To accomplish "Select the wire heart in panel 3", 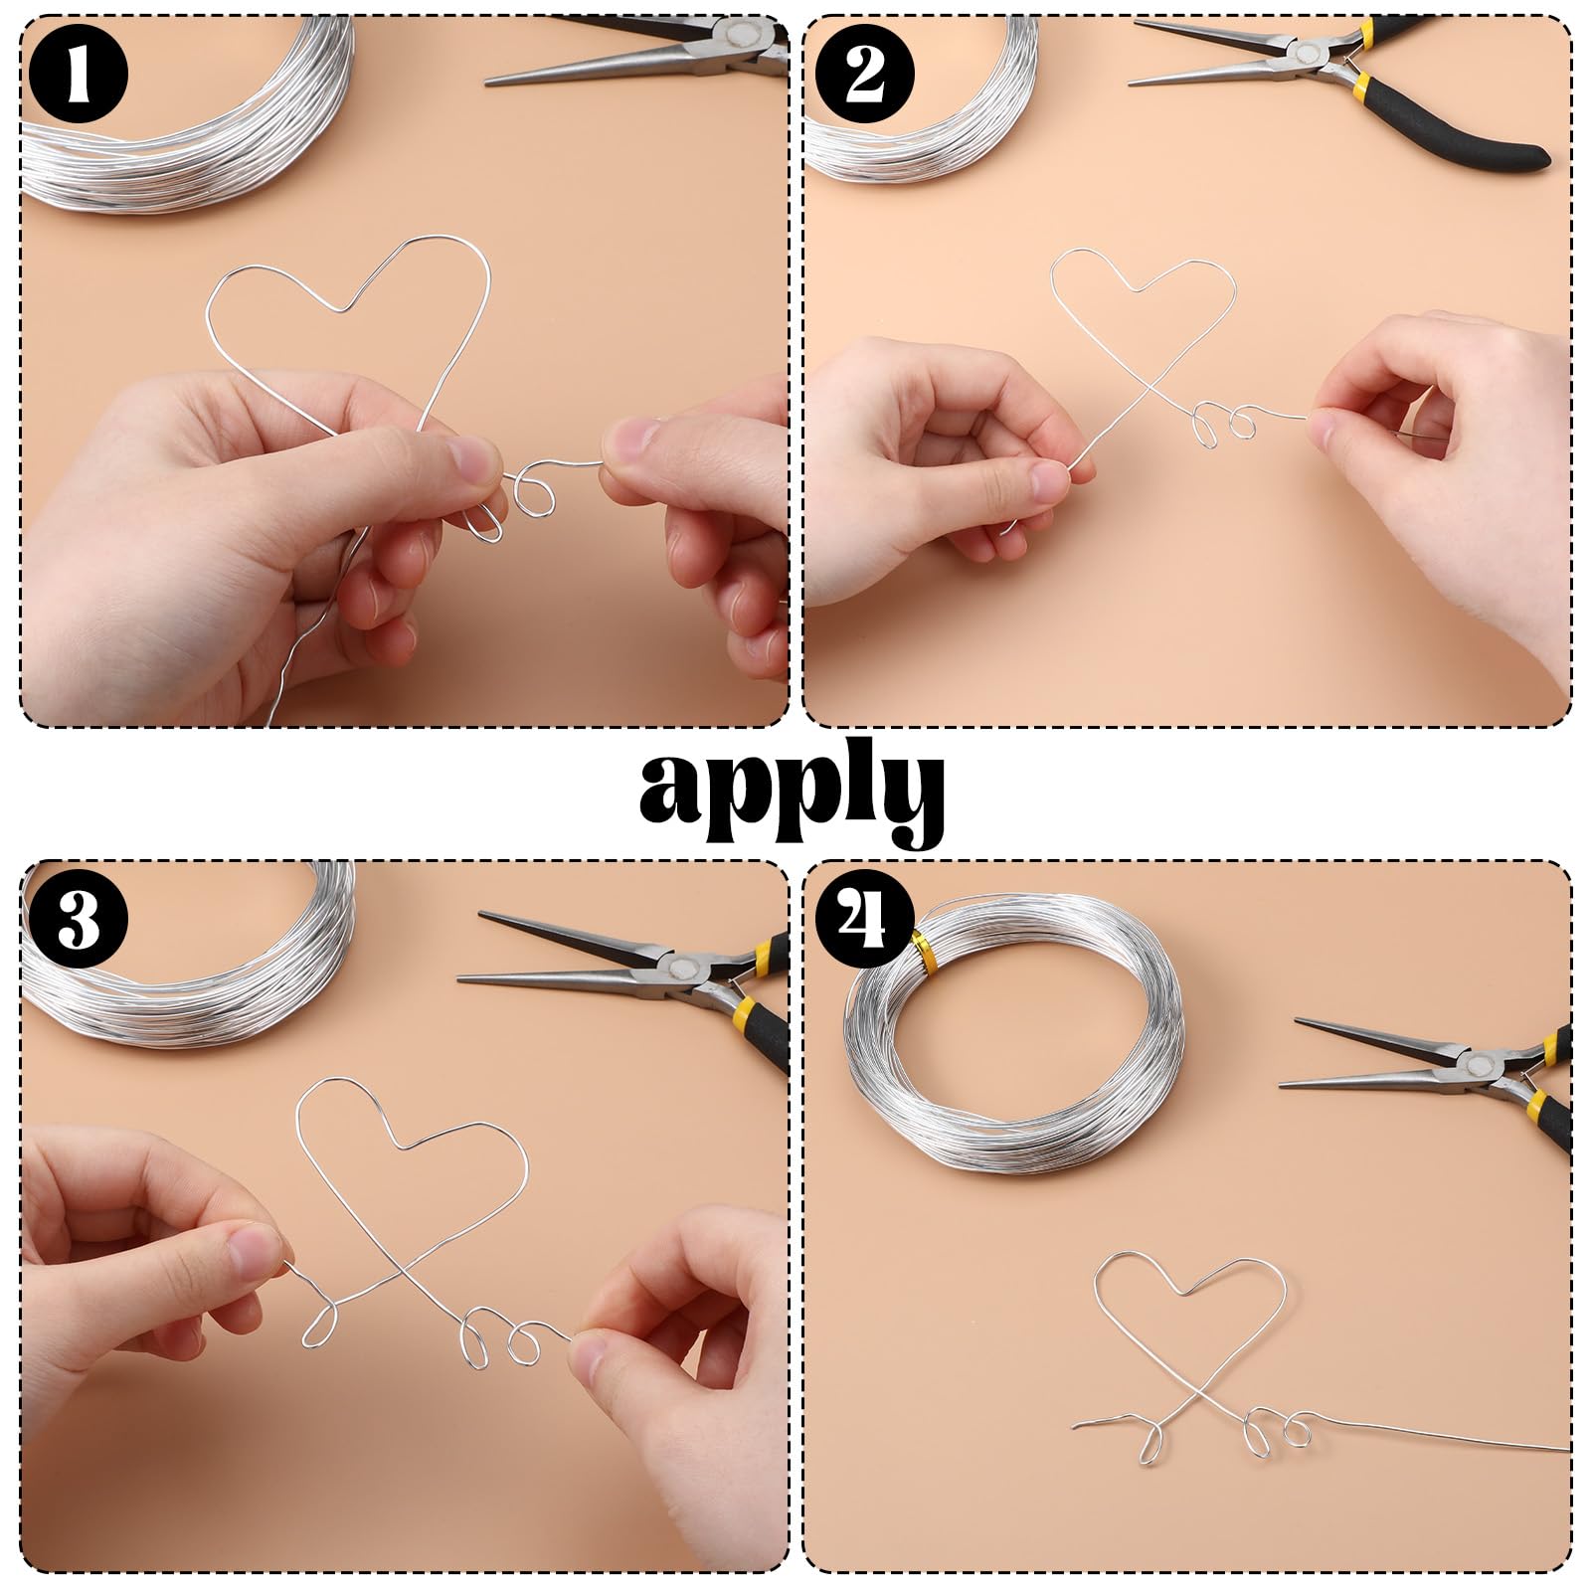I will click(413, 1153).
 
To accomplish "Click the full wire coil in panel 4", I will click(1014, 1034).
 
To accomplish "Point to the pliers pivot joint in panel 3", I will click(682, 968).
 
